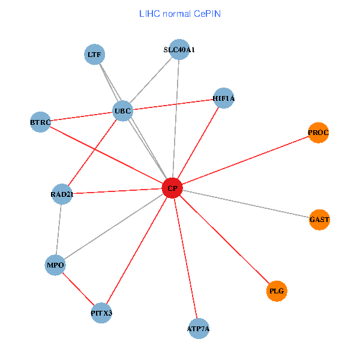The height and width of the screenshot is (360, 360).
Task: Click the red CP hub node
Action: coord(172,188)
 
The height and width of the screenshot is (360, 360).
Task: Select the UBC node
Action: coord(122,111)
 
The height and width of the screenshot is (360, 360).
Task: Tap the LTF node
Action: coord(94,55)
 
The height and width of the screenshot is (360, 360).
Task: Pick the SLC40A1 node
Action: coord(179,50)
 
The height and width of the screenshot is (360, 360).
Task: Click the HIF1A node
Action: coord(224,98)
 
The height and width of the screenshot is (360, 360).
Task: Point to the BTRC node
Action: coord(40,122)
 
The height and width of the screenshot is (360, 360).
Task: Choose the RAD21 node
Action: coord(62,194)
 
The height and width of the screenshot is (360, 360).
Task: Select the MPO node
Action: coord(55,265)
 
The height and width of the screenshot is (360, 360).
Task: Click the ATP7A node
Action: coord(198,328)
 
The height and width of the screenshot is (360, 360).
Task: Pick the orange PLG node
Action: coord(277,291)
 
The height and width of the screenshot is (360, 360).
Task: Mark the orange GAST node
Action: coord(319,220)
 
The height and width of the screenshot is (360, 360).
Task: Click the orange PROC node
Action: coord(319,133)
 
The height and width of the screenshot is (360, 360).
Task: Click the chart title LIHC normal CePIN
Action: coord(180,13)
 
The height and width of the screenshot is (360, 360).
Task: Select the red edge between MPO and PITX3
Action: coord(78,289)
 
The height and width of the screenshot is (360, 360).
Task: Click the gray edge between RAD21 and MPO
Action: coord(59,229)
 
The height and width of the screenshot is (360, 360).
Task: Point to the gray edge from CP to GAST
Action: coord(246,204)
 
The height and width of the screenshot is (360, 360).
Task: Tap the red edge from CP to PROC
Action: coord(245,161)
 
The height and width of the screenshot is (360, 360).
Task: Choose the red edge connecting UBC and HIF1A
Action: coord(173,105)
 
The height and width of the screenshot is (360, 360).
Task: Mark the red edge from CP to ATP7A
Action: coord(185,258)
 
